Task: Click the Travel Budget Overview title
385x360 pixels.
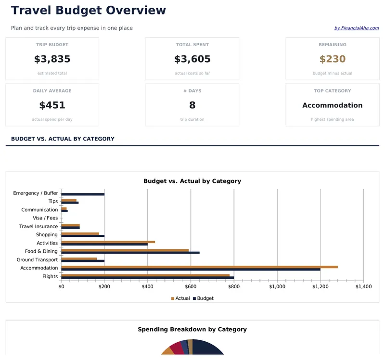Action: [89, 10]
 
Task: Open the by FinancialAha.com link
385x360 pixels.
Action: [356, 28]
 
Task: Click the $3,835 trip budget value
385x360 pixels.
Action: [52, 59]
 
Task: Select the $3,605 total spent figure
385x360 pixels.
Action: [192, 59]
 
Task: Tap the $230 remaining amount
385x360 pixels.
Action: [332, 59]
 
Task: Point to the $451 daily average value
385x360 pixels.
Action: [52, 105]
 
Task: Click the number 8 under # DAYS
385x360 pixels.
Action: [192, 105]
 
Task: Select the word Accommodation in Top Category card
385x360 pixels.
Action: [332, 105]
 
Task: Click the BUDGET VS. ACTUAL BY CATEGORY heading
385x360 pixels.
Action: [63, 139]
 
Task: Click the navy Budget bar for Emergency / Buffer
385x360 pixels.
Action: [83, 194]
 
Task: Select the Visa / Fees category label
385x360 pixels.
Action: [45, 218]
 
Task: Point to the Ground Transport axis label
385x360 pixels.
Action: [37, 260]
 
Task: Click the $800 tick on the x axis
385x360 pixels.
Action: [234, 287]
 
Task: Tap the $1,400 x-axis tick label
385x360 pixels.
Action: [363, 287]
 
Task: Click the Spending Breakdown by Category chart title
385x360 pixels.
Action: [192, 330]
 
